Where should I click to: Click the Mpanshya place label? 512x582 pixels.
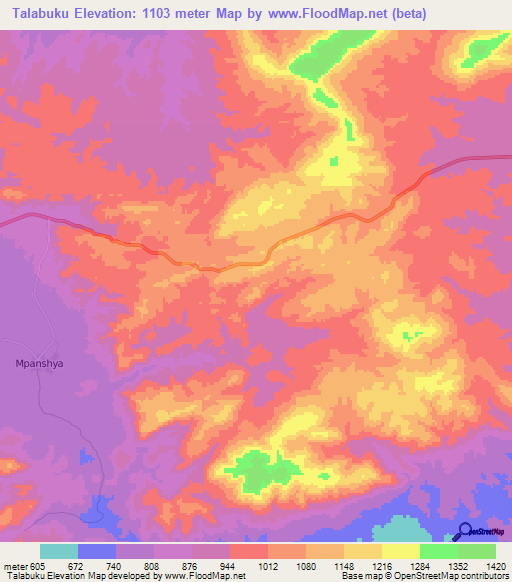tap(40, 364)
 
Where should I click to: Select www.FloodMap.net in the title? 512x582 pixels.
tap(328, 14)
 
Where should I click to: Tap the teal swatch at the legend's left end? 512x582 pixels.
tap(58, 552)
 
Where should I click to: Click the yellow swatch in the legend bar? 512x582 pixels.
tap(401, 552)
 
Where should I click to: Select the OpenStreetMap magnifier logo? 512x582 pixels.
tap(464, 532)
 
